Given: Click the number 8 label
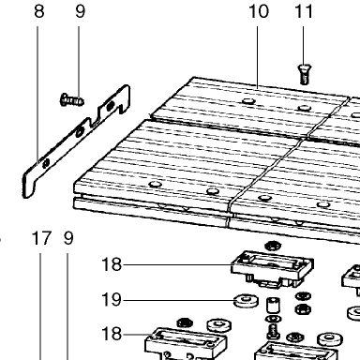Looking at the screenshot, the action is tap(39, 11).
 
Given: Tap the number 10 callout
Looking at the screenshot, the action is tap(259, 11).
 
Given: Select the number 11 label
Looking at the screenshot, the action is tap(304, 11).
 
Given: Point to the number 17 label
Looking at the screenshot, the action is tap(41, 238).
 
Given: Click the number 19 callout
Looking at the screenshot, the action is tap(112, 299).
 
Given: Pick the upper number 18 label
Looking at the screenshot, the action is tap(112, 264).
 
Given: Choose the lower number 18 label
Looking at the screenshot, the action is tap(112, 334).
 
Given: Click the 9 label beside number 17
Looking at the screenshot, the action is tap(68, 238).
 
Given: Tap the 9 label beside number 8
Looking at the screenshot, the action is tap(80, 11).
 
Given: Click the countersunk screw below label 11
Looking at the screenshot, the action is tap(303, 74).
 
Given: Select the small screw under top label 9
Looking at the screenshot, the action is tap(71, 100).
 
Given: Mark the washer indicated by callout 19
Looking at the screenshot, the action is tap(247, 301).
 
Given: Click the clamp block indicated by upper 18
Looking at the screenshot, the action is tap(272, 269).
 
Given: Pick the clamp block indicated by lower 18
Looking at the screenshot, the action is tap(186, 344).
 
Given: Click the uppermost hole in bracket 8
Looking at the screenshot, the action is tap(111, 106).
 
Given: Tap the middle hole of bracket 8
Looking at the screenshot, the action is tap(81, 130).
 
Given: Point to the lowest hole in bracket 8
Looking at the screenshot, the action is tap(46, 162).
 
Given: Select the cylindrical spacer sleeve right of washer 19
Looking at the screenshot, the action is tap(273, 306).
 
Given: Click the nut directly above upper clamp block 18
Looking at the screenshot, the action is tap(273, 246).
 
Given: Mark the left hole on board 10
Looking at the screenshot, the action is tap(248, 101).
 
